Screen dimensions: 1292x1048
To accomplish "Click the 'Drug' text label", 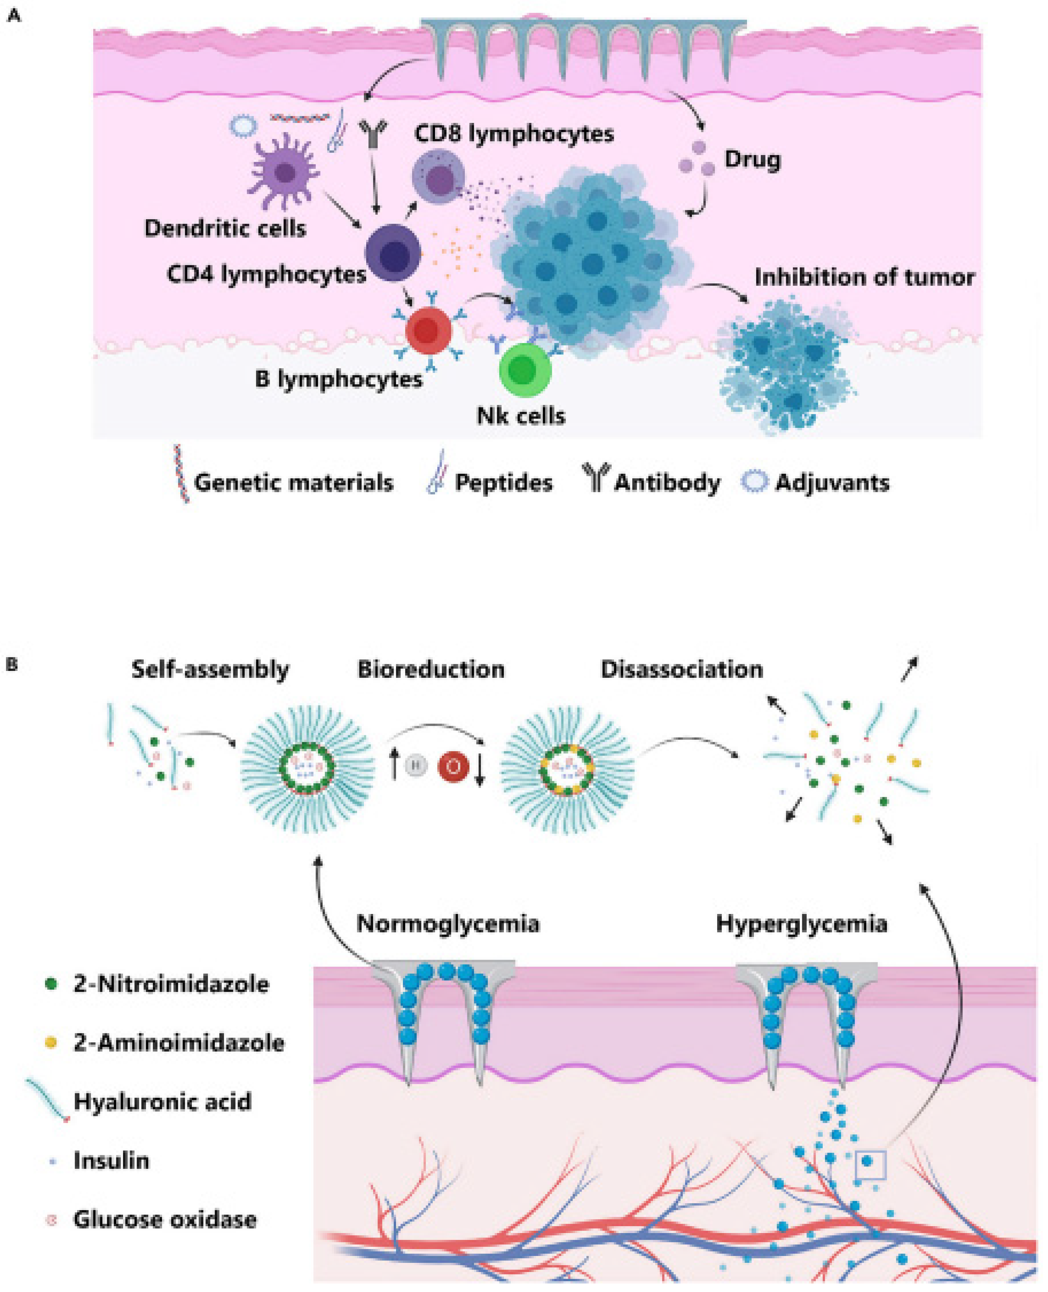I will [x=752, y=160].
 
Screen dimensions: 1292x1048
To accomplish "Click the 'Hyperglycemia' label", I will [x=801, y=924].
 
